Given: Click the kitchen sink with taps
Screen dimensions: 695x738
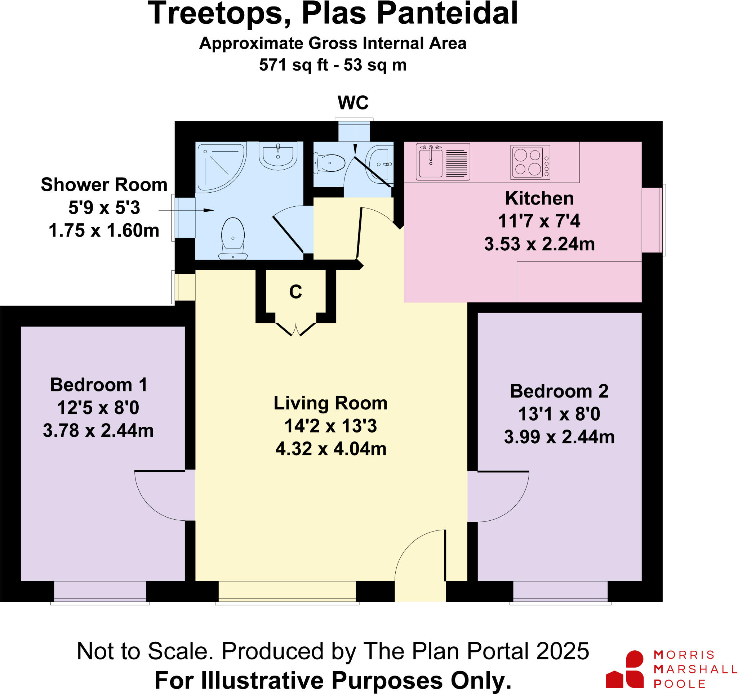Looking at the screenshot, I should tap(431, 162).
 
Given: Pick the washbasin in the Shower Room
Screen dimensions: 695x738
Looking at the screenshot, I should tap(278, 156).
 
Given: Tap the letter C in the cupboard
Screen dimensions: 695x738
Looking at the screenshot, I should tap(295, 292).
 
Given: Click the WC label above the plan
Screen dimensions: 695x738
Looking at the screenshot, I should tap(353, 103).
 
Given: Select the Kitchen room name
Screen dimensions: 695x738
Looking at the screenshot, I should tap(539, 198).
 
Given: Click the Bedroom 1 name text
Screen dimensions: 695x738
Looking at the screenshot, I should tap(99, 385).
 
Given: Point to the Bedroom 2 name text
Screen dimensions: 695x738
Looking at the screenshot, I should tap(559, 391).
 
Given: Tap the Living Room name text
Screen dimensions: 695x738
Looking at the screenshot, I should tap(330, 403).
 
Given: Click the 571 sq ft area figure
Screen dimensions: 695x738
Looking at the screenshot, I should tap(293, 65).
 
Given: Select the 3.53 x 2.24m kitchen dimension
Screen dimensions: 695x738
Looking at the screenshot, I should tap(539, 244).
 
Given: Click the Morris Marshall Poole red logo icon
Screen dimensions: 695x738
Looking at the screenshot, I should tap(625, 673).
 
